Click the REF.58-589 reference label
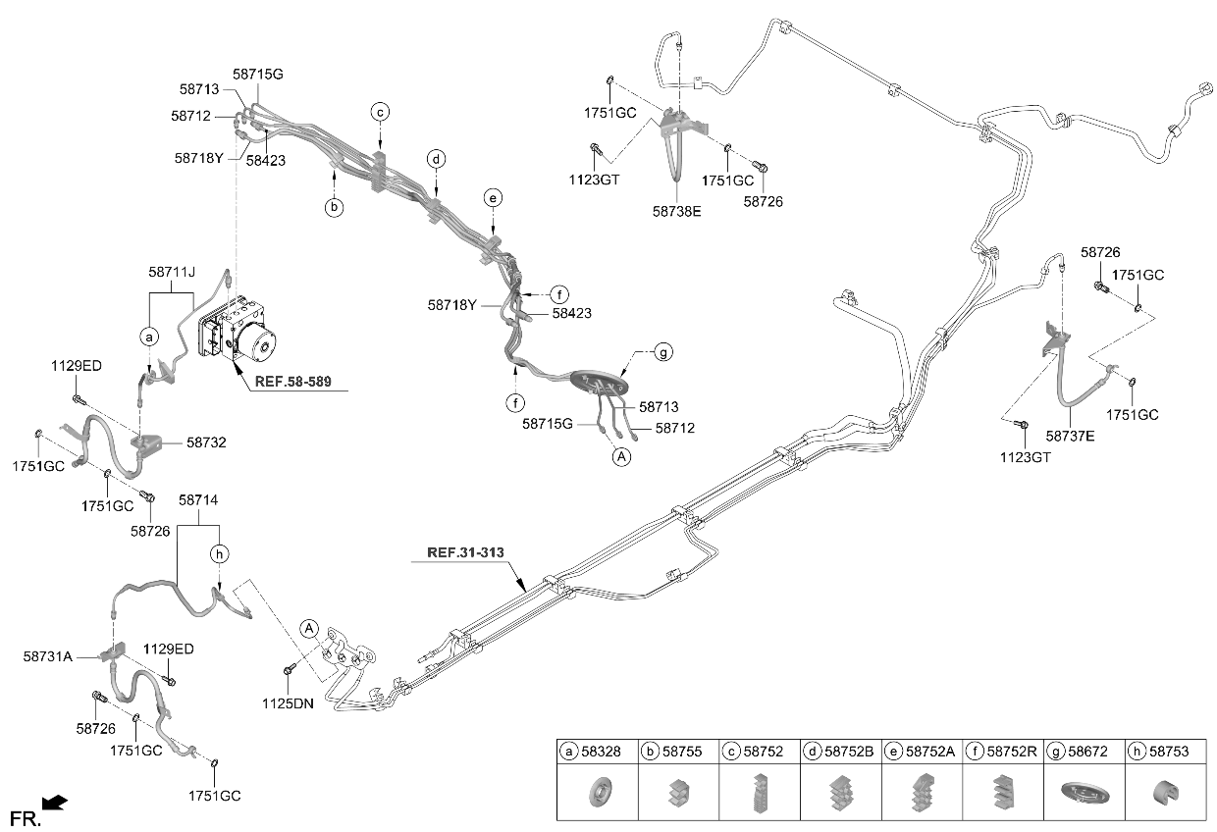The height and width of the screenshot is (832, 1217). (292, 382)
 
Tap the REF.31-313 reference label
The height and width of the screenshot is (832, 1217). (465, 552)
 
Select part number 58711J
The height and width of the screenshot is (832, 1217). (172, 272)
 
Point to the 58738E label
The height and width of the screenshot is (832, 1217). (676, 211)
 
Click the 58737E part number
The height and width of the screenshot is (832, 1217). (1070, 436)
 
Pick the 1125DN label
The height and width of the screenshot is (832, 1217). (288, 703)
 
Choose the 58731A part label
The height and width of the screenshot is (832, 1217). (48, 656)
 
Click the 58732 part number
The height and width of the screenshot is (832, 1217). (206, 442)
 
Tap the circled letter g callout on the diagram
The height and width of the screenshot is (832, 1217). (662, 352)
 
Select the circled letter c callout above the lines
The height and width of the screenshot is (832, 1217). (381, 112)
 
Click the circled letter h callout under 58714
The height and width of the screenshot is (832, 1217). (219, 554)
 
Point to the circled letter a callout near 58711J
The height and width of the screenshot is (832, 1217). (149, 338)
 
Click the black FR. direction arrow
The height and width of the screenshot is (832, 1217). (54, 803)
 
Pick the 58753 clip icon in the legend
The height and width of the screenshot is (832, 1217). (1165, 793)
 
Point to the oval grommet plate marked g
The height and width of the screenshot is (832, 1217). (599, 382)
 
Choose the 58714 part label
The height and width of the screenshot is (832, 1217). (198, 499)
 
